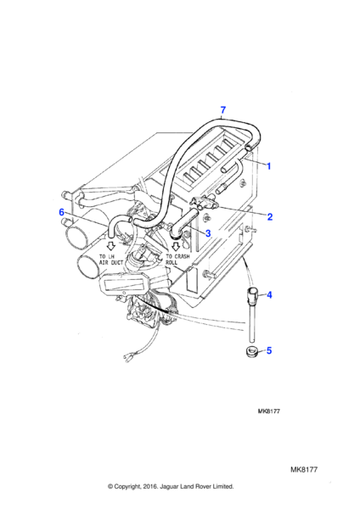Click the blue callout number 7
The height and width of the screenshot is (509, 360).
click(x=223, y=109)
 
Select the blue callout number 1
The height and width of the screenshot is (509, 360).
click(x=268, y=166)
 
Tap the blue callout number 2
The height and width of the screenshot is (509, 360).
click(x=270, y=217)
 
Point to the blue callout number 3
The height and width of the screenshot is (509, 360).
click(x=208, y=233)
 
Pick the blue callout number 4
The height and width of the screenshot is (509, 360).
click(x=269, y=295)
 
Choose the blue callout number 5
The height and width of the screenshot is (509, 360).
click(x=268, y=350)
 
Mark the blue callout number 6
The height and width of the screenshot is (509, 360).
click(x=62, y=212)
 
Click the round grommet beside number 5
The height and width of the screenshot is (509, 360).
click(x=251, y=352)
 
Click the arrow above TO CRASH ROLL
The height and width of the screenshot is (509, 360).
click(x=176, y=247)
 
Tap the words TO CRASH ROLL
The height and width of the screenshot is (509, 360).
click(x=177, y=259)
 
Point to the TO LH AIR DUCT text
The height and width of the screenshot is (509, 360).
click(x=111, y=260)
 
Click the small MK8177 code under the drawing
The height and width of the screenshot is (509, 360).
click(x=268, y=411)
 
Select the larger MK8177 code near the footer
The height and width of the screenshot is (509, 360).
click(x=304, y=469)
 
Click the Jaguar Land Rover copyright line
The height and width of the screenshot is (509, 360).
click(x=171, y=486)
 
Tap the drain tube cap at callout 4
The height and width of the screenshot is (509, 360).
click(x=253, y=294)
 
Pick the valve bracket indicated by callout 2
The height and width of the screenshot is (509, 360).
click(x=204, y=203)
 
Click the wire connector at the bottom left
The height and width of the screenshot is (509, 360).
click(x=127, y=358)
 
